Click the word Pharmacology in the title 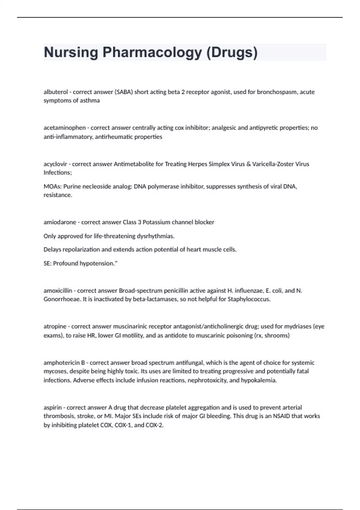(152, 52)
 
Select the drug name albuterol (55, 92)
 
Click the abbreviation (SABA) (124, 92)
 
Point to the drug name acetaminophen (64, 128)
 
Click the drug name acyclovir (55, 164)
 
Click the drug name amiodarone (60, 222)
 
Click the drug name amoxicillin (58, 291)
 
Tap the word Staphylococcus (249, 299)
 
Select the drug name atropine (55, 326)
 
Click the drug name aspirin (52, 408)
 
